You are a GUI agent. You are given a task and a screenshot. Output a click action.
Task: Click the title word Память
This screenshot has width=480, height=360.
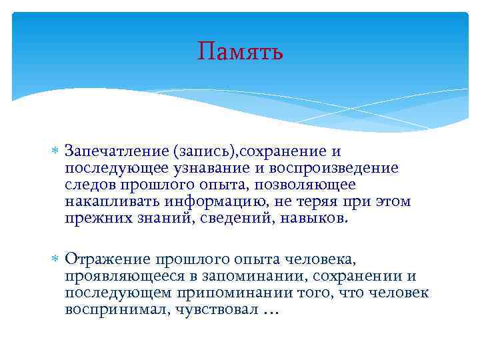tap(240, 51)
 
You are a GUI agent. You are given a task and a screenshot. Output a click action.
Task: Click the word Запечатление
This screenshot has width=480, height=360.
tap(117, 152)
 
